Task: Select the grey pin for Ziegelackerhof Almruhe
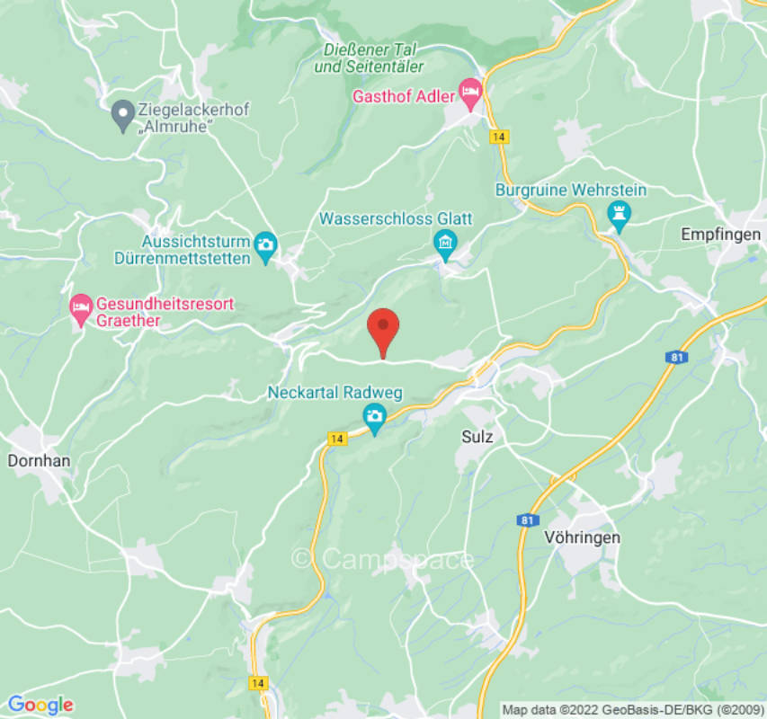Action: coord(123,117)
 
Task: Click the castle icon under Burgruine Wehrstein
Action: coord(618,214)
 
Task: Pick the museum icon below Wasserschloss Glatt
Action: coord(445,242)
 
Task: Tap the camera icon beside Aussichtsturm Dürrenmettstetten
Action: coord(265,244)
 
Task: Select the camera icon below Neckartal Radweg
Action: coord(374,416)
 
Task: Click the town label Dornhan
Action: coord(39,460)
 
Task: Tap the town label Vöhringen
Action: coord(582,537)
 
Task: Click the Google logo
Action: coord(40,705)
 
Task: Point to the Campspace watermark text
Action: coord(383,559)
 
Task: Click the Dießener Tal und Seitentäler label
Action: coord(370,58)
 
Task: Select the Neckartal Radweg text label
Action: coord(334,393)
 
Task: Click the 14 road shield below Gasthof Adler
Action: coord(497,137)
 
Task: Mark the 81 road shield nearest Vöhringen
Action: coord(528,519)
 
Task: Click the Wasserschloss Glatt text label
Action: coord(396,218)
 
